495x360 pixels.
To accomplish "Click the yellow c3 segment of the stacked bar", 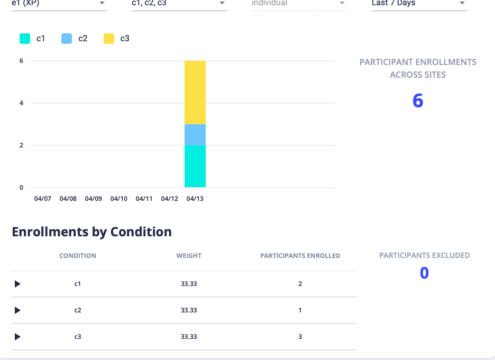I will point(195,93).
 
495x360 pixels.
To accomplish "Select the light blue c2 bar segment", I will point(195,135).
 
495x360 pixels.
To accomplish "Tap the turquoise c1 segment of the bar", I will point(195,166).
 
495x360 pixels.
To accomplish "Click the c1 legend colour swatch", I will point(25,39).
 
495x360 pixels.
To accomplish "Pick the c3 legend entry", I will point(117,39).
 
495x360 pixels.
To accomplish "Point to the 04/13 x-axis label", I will point(195,199).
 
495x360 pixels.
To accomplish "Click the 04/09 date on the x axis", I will point(93,199).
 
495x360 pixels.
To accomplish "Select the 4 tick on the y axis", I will point(21,103).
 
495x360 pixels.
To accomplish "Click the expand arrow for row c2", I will point(17,310).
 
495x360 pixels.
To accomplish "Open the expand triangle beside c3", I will point(17,337).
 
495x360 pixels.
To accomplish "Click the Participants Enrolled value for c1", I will point(300,284).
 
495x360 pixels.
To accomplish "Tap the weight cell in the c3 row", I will point(189,337).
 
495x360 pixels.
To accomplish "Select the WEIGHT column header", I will point(189,255).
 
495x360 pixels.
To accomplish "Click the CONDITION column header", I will point(78,255).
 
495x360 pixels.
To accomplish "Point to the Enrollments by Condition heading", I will point(91,232).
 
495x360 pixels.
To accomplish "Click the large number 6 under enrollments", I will point(418,101).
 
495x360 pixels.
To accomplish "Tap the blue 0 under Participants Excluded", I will point(424,273).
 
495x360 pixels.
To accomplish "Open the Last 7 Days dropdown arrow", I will point(462,3).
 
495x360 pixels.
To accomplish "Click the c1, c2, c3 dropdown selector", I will point(179,4).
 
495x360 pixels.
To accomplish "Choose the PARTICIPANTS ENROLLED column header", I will point(300,255).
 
